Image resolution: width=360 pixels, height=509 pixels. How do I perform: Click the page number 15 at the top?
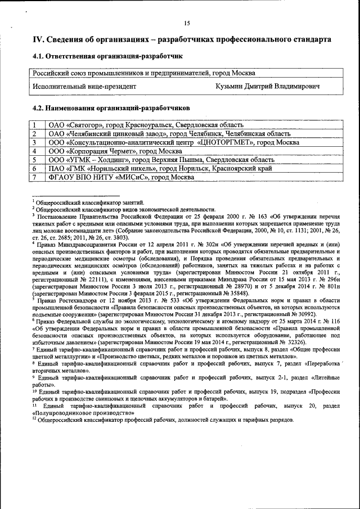click(x=187, y=22)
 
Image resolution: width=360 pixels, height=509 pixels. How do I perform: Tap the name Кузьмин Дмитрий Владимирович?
click(x=268, y=87)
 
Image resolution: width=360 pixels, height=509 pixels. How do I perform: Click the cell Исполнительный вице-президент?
click(x=84, y=87)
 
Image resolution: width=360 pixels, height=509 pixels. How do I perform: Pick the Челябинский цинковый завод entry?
click(x=169, y=134)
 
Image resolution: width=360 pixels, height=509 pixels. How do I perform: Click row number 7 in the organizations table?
click(x=35, y=177)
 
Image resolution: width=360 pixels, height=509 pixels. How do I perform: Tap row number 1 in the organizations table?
click(x=35, y=125)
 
